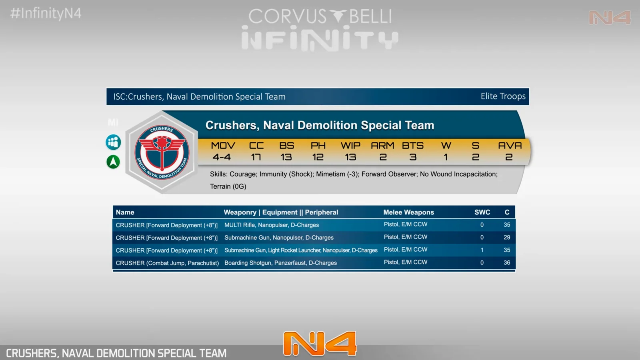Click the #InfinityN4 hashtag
[x=46, y=14]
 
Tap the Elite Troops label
[x=503, y=96]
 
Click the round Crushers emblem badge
[x=162, y=152]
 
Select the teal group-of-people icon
[x=113, y=142]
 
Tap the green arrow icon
[x=113, y=162]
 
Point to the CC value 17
[x=256, y=157]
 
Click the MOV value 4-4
[x=222, y=157]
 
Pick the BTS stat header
[x=412, y=146]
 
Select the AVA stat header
[x=510, y=146]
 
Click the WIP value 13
[x=350, y=157]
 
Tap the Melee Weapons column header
[x=408, y=212]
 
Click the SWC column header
[x=482, y=212]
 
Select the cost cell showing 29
[x=507, y=238]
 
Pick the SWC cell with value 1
[x=482, y=250]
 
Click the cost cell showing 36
[x=507, y=262]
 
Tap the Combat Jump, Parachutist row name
[x=167, y=263]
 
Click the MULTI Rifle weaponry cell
[x=272, y=225]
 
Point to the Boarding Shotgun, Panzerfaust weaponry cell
[x=280, y=263]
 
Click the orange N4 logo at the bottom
[x=320, y=344]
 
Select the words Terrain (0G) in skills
[x=228, y=186]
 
